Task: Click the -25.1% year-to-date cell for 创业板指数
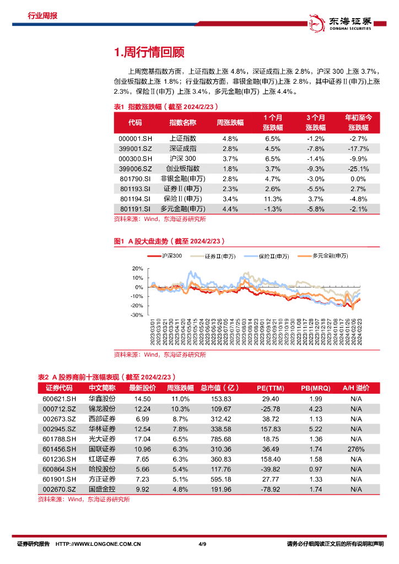tap(358, 169)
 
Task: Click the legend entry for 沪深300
tap(165, 256)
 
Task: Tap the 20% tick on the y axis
tap(138, 268)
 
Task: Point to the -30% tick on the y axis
tap(137, 316)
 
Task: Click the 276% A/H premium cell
tap(356, 449)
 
